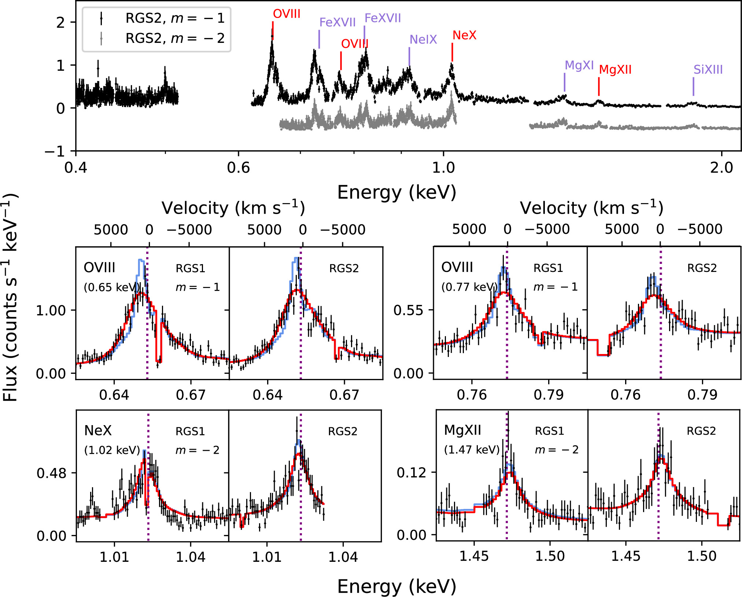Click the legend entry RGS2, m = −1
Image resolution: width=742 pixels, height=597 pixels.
174,18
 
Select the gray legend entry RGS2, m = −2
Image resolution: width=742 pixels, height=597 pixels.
174,38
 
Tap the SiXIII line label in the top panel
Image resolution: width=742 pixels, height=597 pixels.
708,70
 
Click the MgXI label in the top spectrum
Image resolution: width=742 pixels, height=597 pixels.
579,65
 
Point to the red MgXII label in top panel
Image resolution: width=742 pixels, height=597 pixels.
615,70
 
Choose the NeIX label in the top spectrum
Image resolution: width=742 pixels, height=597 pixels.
423,40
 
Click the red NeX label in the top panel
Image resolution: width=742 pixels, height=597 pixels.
464,35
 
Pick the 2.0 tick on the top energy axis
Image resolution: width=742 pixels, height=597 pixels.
721,168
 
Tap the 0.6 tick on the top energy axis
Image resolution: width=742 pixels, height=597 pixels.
238,168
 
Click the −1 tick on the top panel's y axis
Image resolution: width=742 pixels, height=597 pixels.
55,151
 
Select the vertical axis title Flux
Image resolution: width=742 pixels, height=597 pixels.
10,297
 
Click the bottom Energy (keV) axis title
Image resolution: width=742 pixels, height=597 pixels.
396,586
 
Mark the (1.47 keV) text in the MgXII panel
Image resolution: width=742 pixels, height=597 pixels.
472,450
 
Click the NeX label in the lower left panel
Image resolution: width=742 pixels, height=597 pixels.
98,431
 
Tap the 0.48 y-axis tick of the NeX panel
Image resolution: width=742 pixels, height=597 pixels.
51,473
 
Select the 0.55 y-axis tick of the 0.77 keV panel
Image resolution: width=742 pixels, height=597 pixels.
408,310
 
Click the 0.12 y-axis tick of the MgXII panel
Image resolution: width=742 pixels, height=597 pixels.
411,473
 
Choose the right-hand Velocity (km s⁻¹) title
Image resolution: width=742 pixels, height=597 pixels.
591,208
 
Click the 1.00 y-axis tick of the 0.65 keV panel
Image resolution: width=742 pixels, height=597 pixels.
51,311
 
